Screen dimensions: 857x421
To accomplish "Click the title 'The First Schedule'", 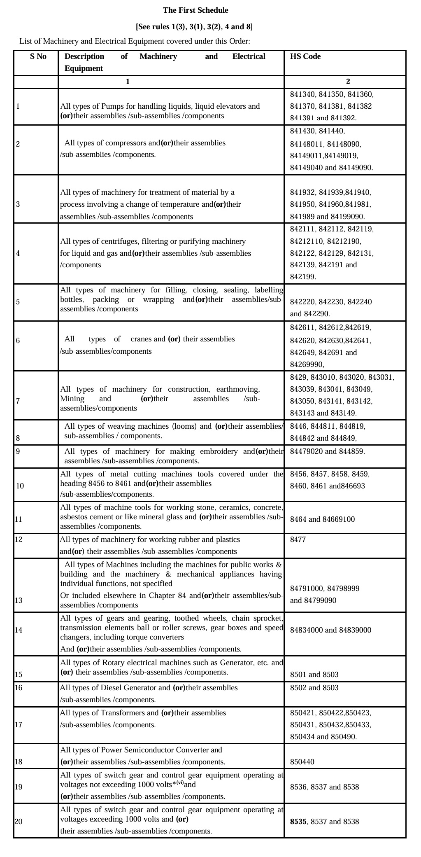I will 195,10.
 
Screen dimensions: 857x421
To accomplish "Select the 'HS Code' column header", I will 305,57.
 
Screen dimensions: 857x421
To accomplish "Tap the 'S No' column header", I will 38,57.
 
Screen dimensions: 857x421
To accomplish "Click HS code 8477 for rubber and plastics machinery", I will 298,539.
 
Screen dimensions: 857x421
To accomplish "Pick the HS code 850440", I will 302,762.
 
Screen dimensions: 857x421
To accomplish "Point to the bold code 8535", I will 298,822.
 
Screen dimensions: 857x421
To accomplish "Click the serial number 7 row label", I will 18,401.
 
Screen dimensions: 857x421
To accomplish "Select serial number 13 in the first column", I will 19,600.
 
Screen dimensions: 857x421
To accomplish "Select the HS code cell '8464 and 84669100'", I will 322,519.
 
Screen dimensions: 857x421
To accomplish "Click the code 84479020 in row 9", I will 306,451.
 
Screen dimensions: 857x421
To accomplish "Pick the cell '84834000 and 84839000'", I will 330,630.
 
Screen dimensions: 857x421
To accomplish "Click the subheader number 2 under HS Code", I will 348,82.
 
